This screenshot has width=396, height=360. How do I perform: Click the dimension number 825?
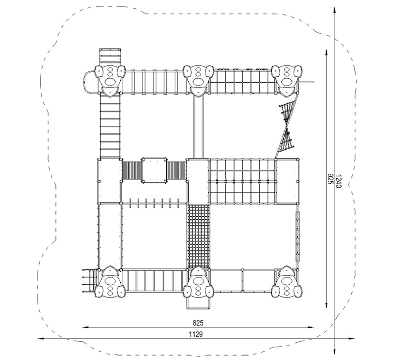(198, 323)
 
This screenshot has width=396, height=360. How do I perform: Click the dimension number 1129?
(196, 334)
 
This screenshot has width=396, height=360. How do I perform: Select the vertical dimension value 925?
(330, 179)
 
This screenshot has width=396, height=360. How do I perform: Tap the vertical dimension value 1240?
(339, 181)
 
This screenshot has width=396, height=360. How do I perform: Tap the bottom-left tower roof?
(110, 282)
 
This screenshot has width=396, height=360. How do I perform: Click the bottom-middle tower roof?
(198, 282)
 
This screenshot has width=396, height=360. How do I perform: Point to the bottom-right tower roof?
(287, 282)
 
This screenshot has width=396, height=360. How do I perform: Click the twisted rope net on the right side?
(287, 126)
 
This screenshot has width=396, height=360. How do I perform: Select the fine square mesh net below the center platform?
(198, 237)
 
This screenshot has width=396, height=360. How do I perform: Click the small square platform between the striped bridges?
(154, 170)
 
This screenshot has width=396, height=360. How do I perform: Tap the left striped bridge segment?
(132, 170)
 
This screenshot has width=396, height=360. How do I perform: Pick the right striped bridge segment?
(177, 170)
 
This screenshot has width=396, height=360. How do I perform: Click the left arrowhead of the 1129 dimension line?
(41, 338)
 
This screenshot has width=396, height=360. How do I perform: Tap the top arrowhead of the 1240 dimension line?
(335, 10)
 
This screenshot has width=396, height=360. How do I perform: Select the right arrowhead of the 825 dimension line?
(311, 327)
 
